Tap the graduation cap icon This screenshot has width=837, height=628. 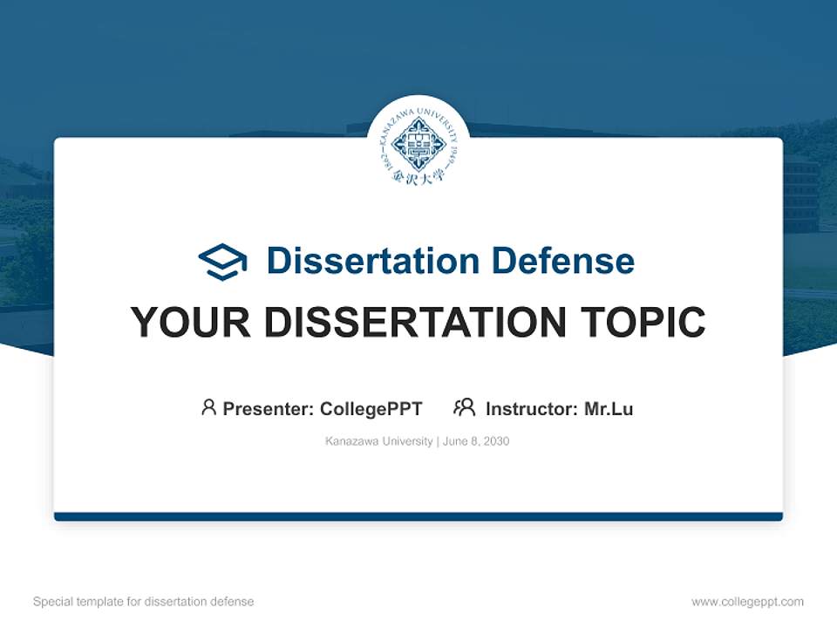click(x=222, y=261)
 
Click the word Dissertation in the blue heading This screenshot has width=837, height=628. click(x=372, y=261)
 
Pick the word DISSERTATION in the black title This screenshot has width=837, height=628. click(x=418, y=323)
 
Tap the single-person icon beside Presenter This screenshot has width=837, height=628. click(x=208, y=407)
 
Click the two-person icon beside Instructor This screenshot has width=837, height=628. click(x=465, y=407)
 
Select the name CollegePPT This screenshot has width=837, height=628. click(x=371, y=408)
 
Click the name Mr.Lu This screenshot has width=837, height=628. click(x=609, y=408)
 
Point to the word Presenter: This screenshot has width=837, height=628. click(x=269, y=408)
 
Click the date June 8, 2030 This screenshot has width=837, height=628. click(x=476, y=441)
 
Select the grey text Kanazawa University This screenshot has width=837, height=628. click(x=378, y=441)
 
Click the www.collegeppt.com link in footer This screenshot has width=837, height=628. click(x=747, y=602)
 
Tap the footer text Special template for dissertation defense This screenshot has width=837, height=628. click(x=144, y=602)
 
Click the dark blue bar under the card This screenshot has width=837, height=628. click(x=418, y=516)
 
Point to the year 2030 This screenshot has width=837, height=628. click(x=496, y=441)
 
